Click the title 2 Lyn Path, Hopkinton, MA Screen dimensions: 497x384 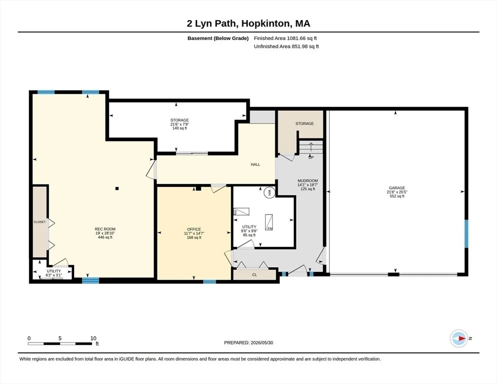pyautogui.click(x=248, y=23)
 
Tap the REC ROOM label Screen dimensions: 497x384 pyautogui.click(x=105, y=229)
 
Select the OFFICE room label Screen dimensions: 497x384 pyautogui.click(x=194, y=229)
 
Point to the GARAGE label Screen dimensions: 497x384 pyautogui.click(x=397, y=188)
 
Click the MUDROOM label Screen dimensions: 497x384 pyautogui.click(x=307, y=180)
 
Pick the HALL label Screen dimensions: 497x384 pyautogui.click(x=255, y=164)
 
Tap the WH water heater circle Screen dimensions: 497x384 pyautogui.click(x=269, y=192)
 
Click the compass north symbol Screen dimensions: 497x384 pyautogui.click(x=459, y=338)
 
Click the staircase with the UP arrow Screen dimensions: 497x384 pyautogui.click(x=311, y=147)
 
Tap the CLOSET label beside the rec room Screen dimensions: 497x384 pyautogui.click(x=39, y=222)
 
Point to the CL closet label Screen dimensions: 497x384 pyautogui.click(x=254, y=275)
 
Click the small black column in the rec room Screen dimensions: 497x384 pyautogui.click(x=117, y=188)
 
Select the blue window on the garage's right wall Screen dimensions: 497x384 pyautogui.click(x=466, y=233)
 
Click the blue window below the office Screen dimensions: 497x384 pyautogui.click(x=209, y=281)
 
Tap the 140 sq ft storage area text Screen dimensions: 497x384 pyautogui.click(x=179, y=128)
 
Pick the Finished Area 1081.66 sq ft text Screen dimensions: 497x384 pyautogui.click(x=285, y=38)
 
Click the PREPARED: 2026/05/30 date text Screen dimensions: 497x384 pyautogui.click(x=248, y=343)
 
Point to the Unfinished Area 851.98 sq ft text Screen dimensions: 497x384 pyautogui.click(x=286, y=46)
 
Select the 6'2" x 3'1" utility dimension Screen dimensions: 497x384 pyautogui.click(x=54, y=275)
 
